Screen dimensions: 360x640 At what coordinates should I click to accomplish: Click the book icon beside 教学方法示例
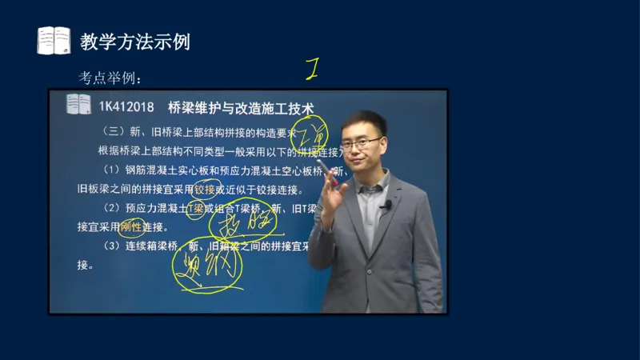point(54,41)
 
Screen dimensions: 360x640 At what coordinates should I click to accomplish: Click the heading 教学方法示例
point(135,42)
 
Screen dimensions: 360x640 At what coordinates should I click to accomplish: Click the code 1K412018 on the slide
point(127,106)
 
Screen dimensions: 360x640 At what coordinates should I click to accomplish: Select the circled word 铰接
point(205,189)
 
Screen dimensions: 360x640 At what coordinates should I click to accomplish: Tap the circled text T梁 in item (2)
point(195,208)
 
